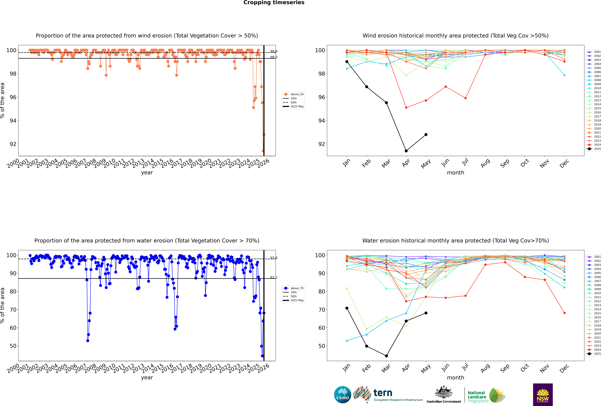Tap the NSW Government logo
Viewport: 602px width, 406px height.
[543, 394]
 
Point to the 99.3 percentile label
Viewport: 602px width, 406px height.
[274, 57]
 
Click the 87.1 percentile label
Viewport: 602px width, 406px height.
[274, 277]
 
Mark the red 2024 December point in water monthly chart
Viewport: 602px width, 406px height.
[564, 313]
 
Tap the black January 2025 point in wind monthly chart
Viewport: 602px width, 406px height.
[347, 62]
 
